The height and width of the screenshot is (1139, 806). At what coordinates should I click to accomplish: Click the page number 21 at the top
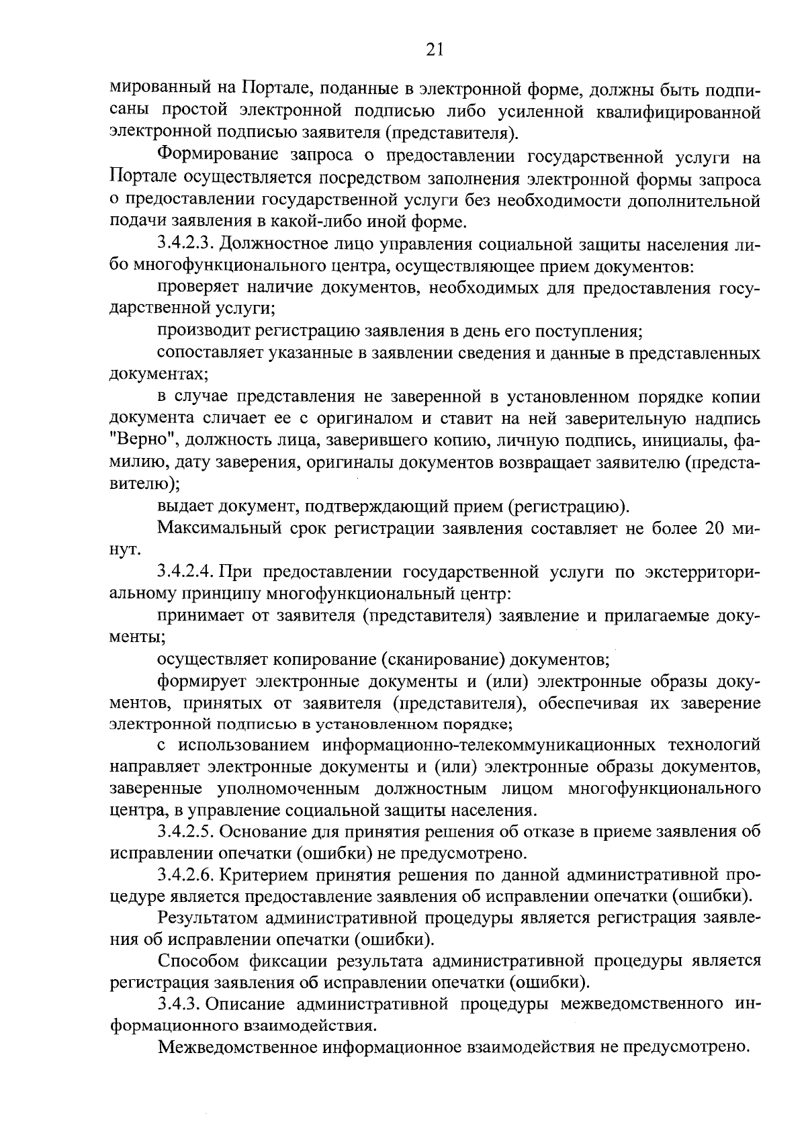(434, 50)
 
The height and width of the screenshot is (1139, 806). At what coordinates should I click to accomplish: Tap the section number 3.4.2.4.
(185, 572)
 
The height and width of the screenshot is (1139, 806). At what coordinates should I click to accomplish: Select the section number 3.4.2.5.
(185, 832)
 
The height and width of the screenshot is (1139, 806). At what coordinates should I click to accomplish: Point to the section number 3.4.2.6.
(185, 875)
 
